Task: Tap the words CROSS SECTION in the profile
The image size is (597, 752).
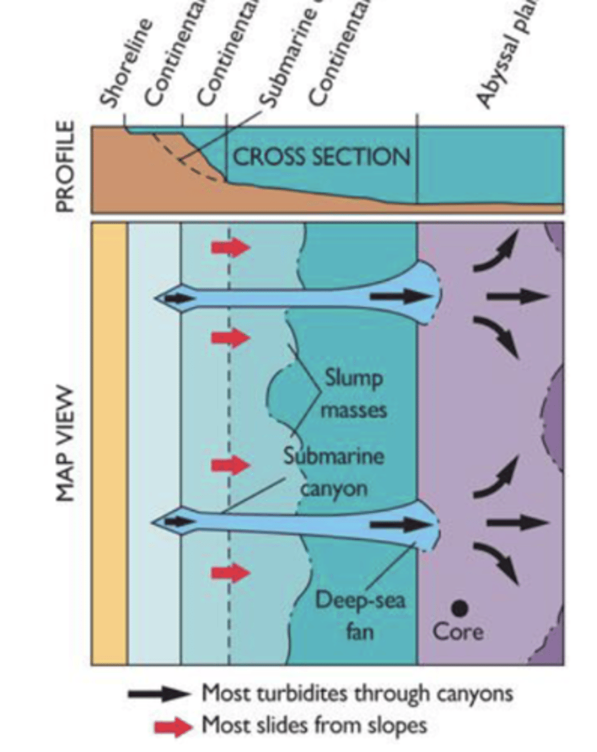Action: (322, 156)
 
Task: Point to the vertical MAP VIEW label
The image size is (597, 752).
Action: (66, 444)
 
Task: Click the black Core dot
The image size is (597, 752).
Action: (460, 607)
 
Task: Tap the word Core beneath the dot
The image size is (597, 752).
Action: (458, 631)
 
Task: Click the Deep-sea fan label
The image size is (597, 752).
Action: (360, 615)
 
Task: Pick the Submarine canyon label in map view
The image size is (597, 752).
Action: (332, 471)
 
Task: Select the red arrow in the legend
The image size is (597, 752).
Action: (173, 727)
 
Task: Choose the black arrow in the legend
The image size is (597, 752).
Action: (159, 694)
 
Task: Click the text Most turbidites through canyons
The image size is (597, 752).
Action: (357, 694)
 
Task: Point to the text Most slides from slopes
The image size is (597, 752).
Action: (314, 726)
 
